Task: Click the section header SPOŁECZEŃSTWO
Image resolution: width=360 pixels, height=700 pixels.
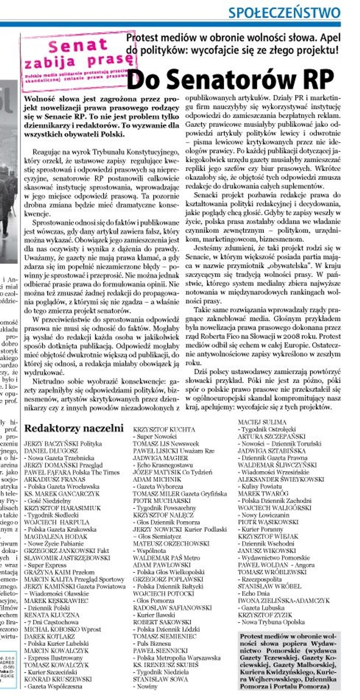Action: tap(284, 13)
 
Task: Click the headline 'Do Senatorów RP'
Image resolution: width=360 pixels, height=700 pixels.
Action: tap(230, 79)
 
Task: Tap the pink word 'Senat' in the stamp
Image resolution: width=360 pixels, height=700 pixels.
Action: tap(78, 46)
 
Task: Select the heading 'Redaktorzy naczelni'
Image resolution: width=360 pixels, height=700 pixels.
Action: tap(74, 428)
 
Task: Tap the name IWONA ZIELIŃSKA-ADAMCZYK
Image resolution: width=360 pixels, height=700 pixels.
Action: tap(284, 601)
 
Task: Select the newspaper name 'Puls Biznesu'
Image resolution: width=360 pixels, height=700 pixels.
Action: tap(154, 643)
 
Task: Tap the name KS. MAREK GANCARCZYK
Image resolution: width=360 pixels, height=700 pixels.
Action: tap(62, 494)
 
